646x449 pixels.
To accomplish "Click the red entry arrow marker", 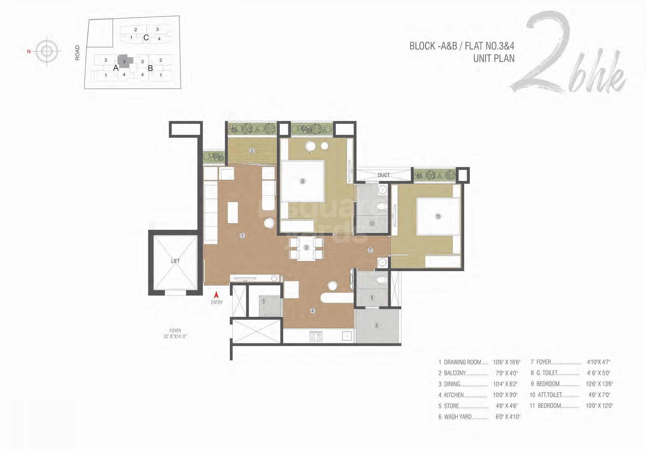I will [x=217, y=295].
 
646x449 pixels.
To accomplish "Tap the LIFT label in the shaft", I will [x=175, y=261].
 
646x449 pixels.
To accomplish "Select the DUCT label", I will [x=384, y=175].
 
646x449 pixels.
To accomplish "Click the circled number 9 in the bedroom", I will [x=302, y=181].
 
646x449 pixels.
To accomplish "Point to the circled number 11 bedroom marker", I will [x=438, y=217].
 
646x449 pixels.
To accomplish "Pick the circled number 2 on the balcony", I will [x=252, y=151].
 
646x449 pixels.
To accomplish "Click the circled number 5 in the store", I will [x=264, y=301].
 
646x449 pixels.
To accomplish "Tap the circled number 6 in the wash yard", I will [x=377, y=326].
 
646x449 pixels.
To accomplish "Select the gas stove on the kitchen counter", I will [x=316, y=337].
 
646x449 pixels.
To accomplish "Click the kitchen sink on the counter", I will [x=347, y=336].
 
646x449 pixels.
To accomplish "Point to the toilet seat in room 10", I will [x=381, y=206].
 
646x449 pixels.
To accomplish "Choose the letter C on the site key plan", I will [x=146, y=38].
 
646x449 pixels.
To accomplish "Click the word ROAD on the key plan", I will [x=77, y=53].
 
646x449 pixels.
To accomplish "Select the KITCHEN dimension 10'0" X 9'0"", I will [x=505, y=395].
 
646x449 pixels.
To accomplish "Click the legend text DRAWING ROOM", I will [x=463, y=362].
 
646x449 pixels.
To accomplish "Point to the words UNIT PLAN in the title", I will [x=493, y=59].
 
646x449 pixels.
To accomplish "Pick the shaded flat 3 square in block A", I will [x=124, y=61].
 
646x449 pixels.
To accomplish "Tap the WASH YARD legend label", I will [x=458, y=417].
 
